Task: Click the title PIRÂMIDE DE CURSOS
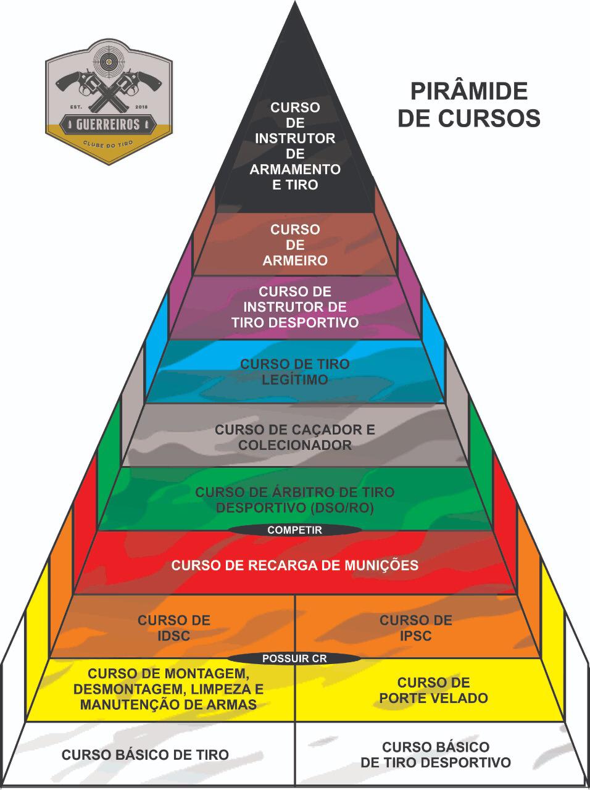(x=469, y=104)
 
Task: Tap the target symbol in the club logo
(x=108, y=62)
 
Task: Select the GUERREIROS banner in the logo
(x=108, y=125)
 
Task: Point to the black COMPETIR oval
(x=294, y=530)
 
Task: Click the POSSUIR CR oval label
(x=294, y=659)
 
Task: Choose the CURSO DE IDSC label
(x=174, y=628)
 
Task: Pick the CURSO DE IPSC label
(x=416, y=628)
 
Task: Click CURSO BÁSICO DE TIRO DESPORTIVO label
(x=436, y=754)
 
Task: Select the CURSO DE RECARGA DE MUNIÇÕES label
(x=295, y=565)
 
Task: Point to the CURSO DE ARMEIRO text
(x=295, y=245)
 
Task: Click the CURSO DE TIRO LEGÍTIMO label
(x=295, y=372)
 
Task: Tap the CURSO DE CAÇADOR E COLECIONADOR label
(x=295, y=438)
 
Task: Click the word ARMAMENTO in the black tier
(x=295, y=169)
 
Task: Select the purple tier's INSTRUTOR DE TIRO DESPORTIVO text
(x=295, y=315)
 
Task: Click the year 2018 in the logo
(x=141, y=107)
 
